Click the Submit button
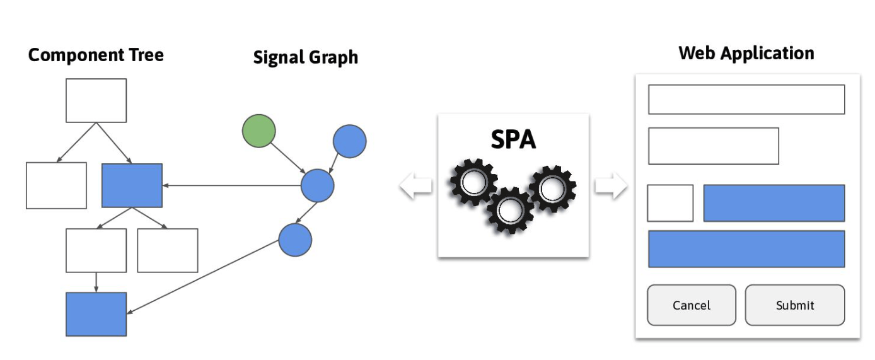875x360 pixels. pos(794,305)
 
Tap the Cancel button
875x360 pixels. pos(691,305)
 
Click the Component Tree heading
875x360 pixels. pos(96,55)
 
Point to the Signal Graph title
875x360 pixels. pos(305,57)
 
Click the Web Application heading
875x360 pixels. pos(746,53)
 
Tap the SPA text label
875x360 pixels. pos(513,139)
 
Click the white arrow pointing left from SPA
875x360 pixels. pos(416,186)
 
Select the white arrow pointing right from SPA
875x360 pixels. pos(610,186)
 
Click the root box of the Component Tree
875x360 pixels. pos(96,100)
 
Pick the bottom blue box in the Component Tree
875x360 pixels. pos(96,314)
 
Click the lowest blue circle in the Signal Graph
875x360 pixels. pos(295,240)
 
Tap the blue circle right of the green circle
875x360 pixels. pos(349,141)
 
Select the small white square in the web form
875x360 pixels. pos(670,203)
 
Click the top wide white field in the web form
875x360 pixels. pos(746,100)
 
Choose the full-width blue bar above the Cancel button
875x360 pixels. pos(746,249)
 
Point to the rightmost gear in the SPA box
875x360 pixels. pos(552,188)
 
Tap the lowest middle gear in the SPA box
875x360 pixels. pos(509,210)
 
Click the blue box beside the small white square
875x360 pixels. pos(774,203)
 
